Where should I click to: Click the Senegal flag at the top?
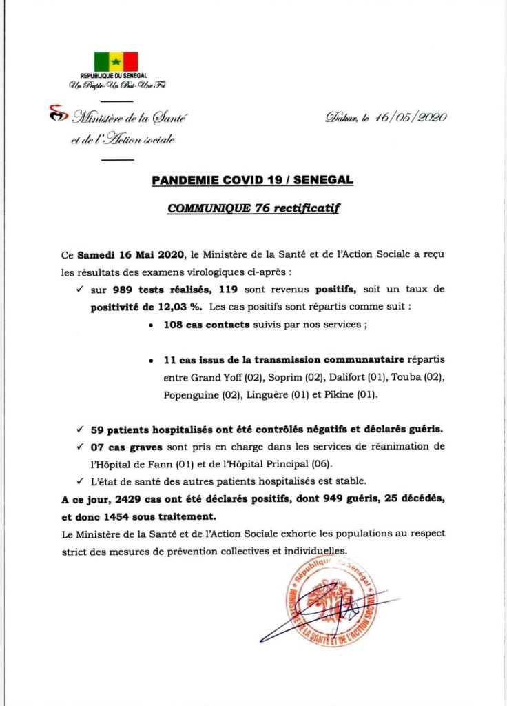point(116,61)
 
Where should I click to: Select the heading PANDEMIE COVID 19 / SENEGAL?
point(253,181)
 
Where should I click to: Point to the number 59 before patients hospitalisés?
point(97,430)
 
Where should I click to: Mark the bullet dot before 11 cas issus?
point(150,361)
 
